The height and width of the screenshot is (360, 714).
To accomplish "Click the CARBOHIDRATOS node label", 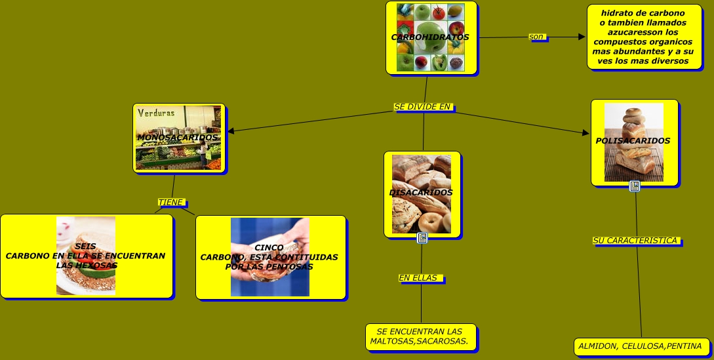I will (430, 37).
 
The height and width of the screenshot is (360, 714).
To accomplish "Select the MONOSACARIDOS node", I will (178, 138).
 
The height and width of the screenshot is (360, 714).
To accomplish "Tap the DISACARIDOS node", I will (422, 193).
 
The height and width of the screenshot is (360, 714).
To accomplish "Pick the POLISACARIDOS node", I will (633, 141).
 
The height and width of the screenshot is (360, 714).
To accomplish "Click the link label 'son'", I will (537, 37).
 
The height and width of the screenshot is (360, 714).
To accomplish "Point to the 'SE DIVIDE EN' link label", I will (423, 106).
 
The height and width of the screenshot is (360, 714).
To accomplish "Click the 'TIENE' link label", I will (171, 202).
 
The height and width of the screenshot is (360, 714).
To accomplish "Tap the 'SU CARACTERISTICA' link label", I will (635, 241).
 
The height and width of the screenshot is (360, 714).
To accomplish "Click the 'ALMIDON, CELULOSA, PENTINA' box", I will (640, 346).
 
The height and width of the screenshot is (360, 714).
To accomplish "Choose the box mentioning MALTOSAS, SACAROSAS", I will (420, 336).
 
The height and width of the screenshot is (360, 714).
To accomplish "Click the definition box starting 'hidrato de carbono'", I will (643, 37).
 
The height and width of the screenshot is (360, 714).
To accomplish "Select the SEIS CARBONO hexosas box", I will (86, 256).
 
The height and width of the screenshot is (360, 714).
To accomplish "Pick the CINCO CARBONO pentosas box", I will (269, 257).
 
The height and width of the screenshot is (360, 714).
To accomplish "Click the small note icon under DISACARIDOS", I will (422, 238).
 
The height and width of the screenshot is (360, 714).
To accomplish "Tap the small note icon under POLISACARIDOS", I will (635, 186).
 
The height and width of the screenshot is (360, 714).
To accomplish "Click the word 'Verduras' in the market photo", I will (157, 113).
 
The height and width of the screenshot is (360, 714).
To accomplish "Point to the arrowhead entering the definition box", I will (582, 37).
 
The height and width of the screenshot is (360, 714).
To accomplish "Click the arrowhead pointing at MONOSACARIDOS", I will (231, 131).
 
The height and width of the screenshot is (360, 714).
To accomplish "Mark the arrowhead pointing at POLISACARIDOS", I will (586, 133).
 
